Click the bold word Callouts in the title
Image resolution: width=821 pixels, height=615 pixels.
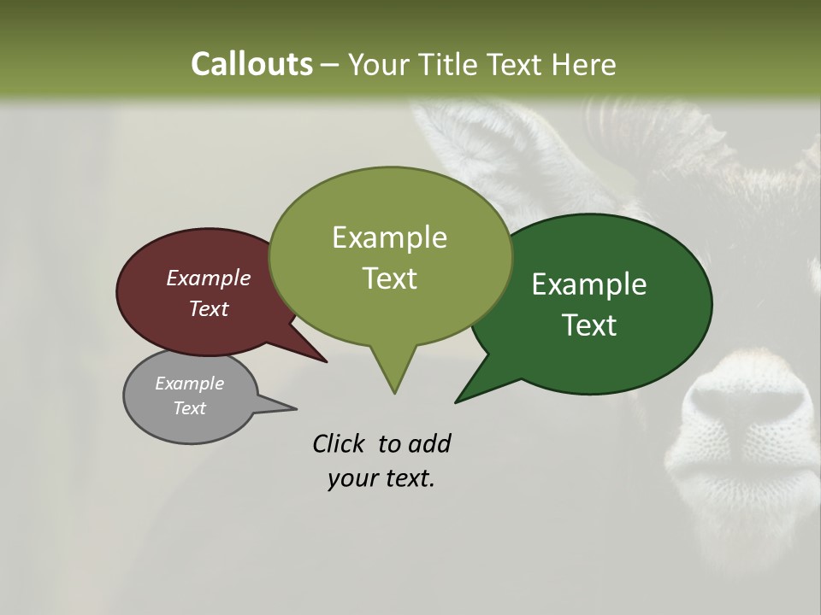coord(251,64)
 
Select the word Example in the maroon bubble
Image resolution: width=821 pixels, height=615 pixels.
coord(209,278)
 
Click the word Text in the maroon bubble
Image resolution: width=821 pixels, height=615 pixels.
coord(209,308)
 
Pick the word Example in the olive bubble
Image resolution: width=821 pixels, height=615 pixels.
coord(389,237)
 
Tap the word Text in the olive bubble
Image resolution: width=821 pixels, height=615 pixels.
coord(389,278)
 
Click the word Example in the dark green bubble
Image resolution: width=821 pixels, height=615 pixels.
coord(589,284)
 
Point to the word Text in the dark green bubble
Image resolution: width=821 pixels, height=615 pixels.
coord(589,325)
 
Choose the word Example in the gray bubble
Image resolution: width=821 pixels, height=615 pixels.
coord(189,384)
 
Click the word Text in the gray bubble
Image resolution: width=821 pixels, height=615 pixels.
coord(189,408)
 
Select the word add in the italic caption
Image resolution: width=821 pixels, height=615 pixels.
coord(429,443)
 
